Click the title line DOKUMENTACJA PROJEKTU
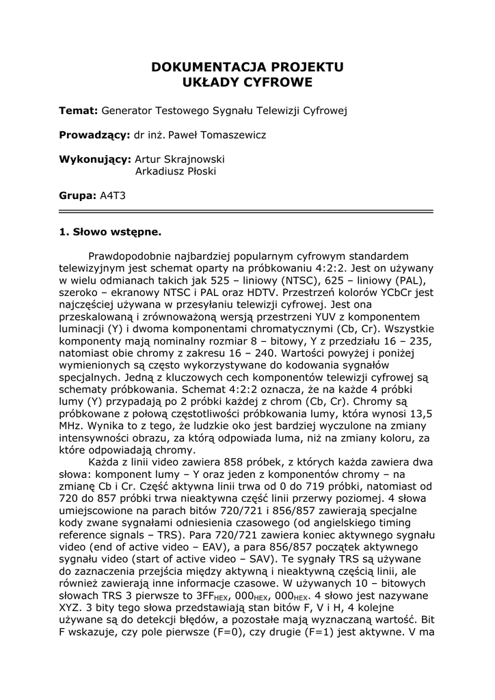247,67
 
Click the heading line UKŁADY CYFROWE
247,83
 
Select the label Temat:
79,111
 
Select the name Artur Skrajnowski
180,159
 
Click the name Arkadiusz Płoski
176,171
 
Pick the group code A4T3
112,196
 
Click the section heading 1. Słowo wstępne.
110,232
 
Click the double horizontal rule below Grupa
247,211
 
